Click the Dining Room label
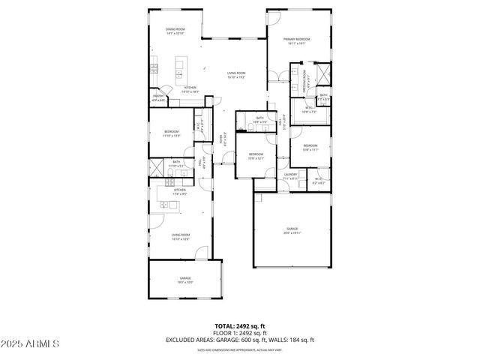175,31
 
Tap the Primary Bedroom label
297,40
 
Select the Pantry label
159,97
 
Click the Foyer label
220,138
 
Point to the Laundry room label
291,176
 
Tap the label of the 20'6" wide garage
292,231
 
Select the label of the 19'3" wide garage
184,280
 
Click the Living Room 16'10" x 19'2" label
237,75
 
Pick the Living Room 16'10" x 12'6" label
180,237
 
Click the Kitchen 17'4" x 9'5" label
180,192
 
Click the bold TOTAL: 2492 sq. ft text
239,326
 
